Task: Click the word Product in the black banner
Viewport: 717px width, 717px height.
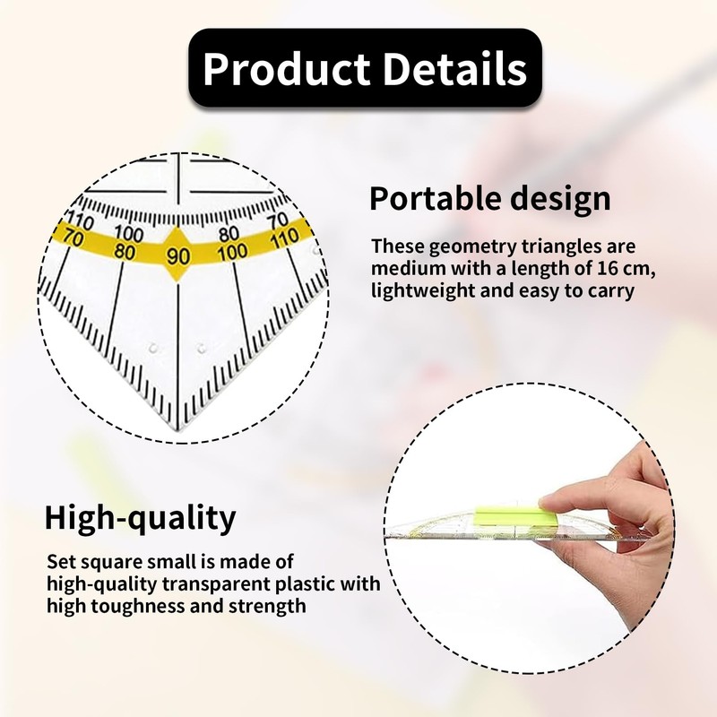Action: tap(286, 69)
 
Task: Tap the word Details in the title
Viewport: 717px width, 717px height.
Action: tap(454, 68)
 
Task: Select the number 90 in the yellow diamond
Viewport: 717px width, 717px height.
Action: tap(177, 256)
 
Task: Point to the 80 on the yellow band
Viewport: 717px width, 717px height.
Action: tap(125, 252)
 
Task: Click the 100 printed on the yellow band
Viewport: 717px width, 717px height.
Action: tap(233, 252)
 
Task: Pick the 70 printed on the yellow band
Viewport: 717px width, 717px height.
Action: tap(73, 238)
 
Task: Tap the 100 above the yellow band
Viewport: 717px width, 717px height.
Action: tap(129, 233)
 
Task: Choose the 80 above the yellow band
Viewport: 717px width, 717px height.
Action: tap(229, 234)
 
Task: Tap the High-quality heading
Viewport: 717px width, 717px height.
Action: tap(141, 517)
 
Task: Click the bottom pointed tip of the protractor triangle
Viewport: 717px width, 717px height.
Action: tap(178, 430)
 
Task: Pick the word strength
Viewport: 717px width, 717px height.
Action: tap(267, 607)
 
